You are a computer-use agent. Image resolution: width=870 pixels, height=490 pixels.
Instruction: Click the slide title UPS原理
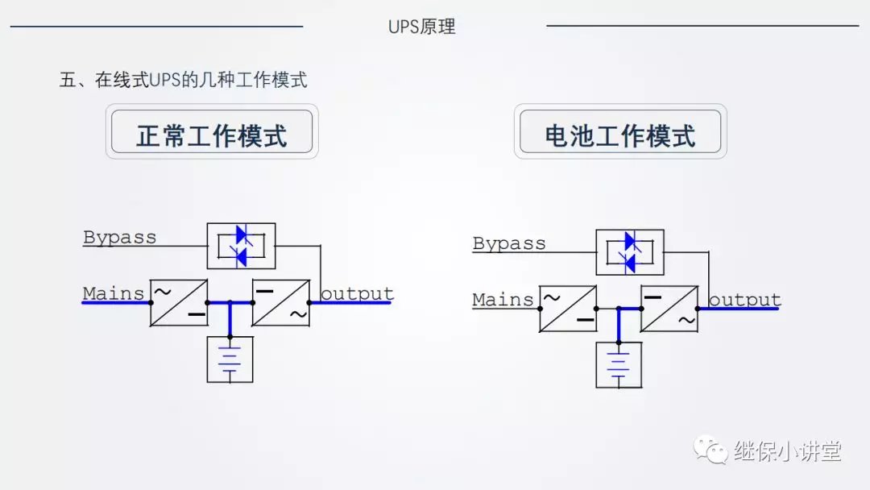[x=421, y=27]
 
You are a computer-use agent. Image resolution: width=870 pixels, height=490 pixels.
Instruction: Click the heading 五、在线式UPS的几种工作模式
[x=184, y=81]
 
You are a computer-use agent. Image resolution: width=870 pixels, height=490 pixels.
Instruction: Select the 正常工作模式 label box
[x=212, y=133]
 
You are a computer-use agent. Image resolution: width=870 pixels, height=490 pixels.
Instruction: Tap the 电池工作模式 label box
[x=620, y=133]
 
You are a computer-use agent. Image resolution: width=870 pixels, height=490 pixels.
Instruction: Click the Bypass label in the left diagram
[x=120, y=238]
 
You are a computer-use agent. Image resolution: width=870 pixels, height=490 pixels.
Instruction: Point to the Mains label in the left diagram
[x=114, y=293]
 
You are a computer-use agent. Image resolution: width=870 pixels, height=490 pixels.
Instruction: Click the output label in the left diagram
[x=357, y=293]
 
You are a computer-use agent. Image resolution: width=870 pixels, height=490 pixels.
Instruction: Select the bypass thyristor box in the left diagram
[x=241, y=246]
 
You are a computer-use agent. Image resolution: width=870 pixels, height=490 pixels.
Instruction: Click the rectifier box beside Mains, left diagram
[x=179, y=303]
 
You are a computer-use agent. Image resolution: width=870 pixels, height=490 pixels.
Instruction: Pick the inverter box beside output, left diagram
[x=281, y=303]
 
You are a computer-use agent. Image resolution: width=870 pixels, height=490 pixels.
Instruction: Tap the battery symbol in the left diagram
[x=230, y=359]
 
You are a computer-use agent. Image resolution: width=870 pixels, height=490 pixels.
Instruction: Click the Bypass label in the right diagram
[x=509, y=243]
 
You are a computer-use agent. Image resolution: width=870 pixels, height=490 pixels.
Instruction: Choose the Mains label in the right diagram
[x=503, y=300]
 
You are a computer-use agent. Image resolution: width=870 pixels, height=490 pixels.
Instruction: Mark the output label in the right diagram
[x=744, y=300]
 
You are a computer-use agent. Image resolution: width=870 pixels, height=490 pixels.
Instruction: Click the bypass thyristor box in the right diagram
[x=630, y=252]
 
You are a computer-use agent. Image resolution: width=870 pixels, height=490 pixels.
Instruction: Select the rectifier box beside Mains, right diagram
[x=568, y=309]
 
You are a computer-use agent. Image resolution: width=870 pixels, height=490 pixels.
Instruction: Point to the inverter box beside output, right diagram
[x=669, y=309]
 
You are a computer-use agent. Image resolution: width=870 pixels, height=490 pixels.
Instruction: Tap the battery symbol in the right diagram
[x=619, y=365]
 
